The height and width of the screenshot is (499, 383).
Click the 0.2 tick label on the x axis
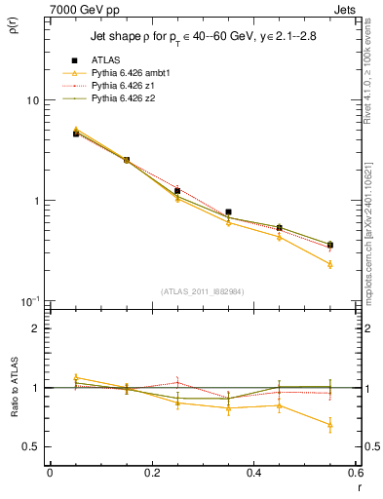pos(151,473)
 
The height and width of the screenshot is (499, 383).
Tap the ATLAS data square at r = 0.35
pos(228,211)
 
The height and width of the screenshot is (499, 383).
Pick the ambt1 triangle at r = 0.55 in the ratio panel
pos(330,425)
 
